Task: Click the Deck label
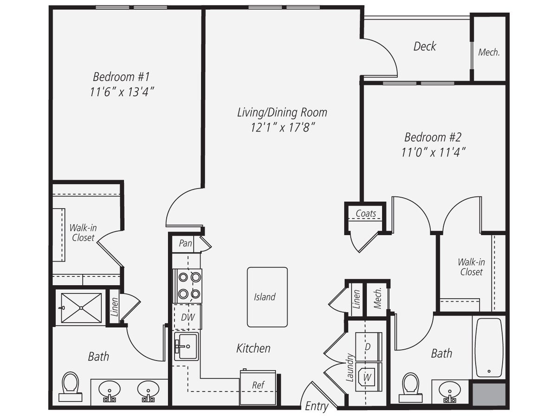425,46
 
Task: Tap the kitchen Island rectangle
267,297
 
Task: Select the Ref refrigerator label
258,385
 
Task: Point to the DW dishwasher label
188,317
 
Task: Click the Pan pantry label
185,243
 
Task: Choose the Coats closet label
366,213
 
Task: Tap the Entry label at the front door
317,406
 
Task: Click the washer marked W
369,377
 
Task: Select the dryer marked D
369,346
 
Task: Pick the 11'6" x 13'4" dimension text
122,91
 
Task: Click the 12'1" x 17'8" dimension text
283,127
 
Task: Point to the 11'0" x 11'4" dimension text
433,152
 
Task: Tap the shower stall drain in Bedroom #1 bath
81,308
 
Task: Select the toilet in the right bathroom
411,387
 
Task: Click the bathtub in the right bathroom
489,348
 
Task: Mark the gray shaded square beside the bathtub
489,394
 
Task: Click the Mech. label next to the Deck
489,52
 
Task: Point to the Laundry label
350,367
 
